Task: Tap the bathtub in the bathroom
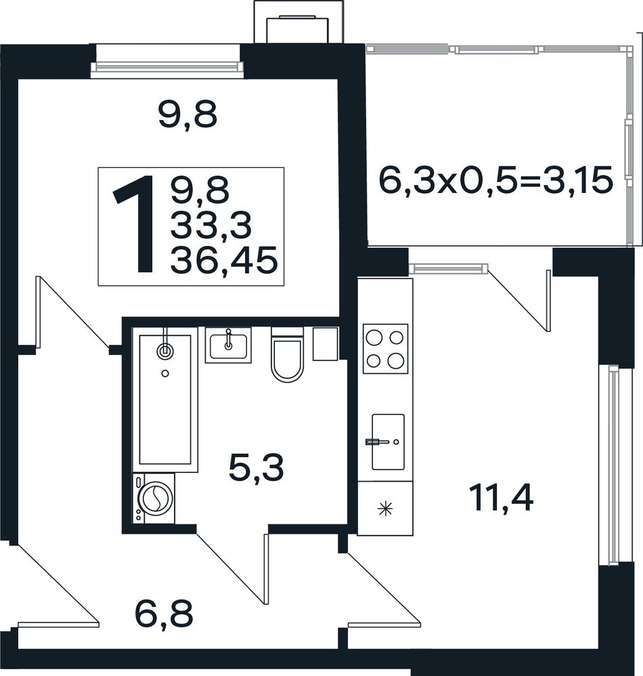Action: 165,400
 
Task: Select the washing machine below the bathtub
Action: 154,499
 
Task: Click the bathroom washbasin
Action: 228,345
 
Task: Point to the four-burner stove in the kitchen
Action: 385,349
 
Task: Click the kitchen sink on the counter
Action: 388,442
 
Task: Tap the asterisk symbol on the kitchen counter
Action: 385,509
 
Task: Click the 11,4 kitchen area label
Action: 502,497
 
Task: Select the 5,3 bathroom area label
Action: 257,469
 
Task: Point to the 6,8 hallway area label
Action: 164,614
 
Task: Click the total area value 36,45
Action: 223,261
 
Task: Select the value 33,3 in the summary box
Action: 211,226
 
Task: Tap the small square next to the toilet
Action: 325,344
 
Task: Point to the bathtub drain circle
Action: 165,373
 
